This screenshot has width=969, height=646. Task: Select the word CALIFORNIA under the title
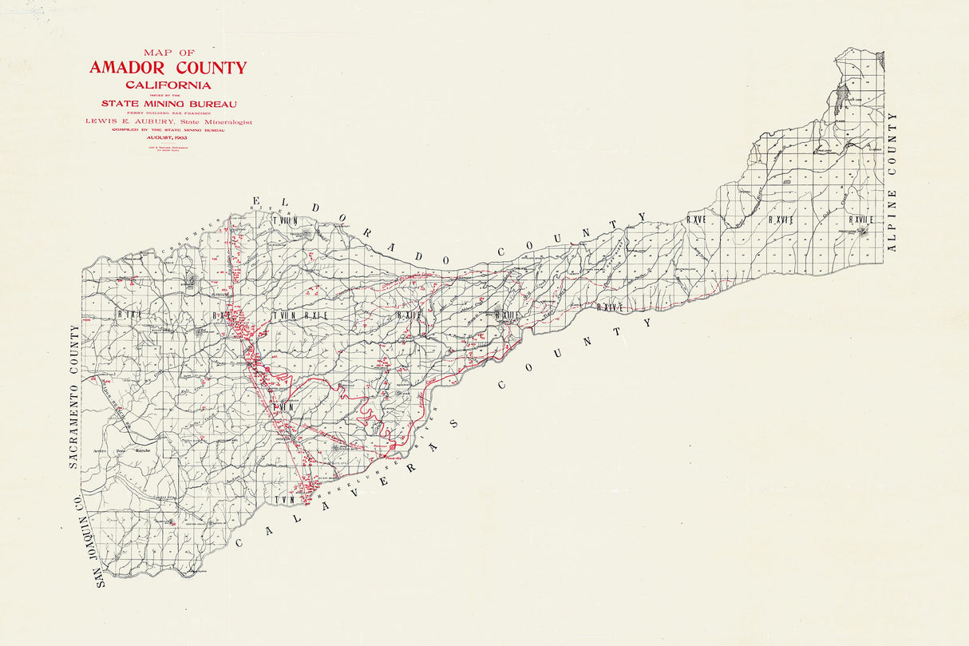(168, 85)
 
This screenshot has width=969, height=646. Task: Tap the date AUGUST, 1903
(168, 137)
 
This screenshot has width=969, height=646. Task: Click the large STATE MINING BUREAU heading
(168, 103)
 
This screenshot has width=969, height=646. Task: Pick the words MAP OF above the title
(168, 53)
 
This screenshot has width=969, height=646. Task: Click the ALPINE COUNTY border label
(892, 182)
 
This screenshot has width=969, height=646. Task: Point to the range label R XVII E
(861, 220)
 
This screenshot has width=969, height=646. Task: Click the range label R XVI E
(780, 220)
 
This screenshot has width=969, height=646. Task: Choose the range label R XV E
(696, 218)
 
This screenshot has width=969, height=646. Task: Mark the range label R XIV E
(610, 307)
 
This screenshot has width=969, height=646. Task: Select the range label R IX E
(128, 315)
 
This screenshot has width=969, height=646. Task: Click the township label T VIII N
(284, 220)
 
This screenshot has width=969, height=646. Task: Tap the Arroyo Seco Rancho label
(121, 451)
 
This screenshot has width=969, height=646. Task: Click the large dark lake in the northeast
(843, 97)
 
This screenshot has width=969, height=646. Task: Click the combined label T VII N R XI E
(299, 315)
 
